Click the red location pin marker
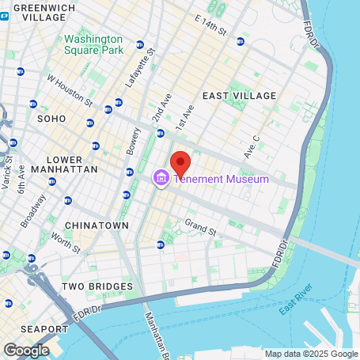180,164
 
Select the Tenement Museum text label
222,179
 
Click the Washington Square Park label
93,44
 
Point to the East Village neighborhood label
239,96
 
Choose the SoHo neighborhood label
52,118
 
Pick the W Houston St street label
70,90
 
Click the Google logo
26,349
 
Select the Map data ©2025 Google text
310,354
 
